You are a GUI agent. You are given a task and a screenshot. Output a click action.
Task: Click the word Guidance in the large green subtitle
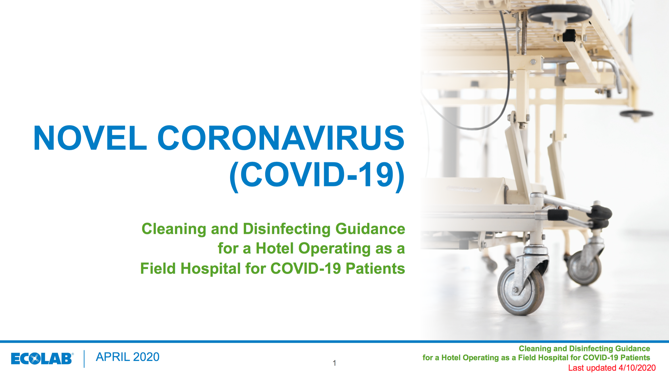(x=370, y=229)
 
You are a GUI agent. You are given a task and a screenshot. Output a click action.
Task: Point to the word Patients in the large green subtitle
(x=375, y=268)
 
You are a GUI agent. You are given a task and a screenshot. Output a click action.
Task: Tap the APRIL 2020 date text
(x=128, y=357)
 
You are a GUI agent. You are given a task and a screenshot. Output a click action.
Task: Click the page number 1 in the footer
(x=334, y=363)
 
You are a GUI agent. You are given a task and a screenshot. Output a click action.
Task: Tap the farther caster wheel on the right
(x=584, y=268)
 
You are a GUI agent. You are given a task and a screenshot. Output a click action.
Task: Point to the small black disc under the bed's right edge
(x=636, y=114)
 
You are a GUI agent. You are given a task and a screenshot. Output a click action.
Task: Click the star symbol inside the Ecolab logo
(x=35, y=359)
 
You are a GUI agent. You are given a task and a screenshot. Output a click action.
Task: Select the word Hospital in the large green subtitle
(x=211, y=269)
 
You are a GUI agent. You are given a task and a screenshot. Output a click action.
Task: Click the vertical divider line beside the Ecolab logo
(x=84, y=359)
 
